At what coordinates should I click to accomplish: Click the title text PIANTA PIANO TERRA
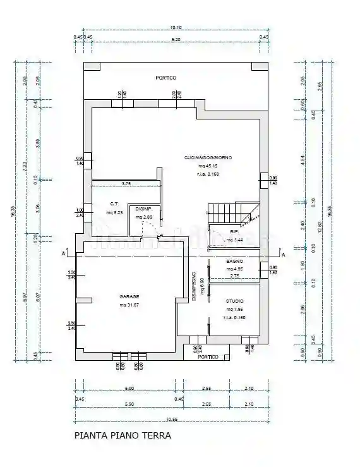[x=123, y=435]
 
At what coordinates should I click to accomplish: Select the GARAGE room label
[x=129, y=296]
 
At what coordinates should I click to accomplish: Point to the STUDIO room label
[x=234, y=310]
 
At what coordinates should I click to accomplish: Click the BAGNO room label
[x=234, y=260]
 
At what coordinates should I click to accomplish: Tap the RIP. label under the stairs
[x=234, y=232]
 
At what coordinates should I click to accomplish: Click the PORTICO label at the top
[x=166, y=78]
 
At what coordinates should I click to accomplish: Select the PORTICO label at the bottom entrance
[x=208, y=357]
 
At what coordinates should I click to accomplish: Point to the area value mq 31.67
[x=129, y=305]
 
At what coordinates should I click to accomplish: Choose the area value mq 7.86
[x=234, y=318]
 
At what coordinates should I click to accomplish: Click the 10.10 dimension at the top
[x=176, y=27]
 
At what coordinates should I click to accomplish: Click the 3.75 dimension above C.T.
[x=128, y=184]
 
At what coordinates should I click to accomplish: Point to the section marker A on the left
[x=65, y=254]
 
